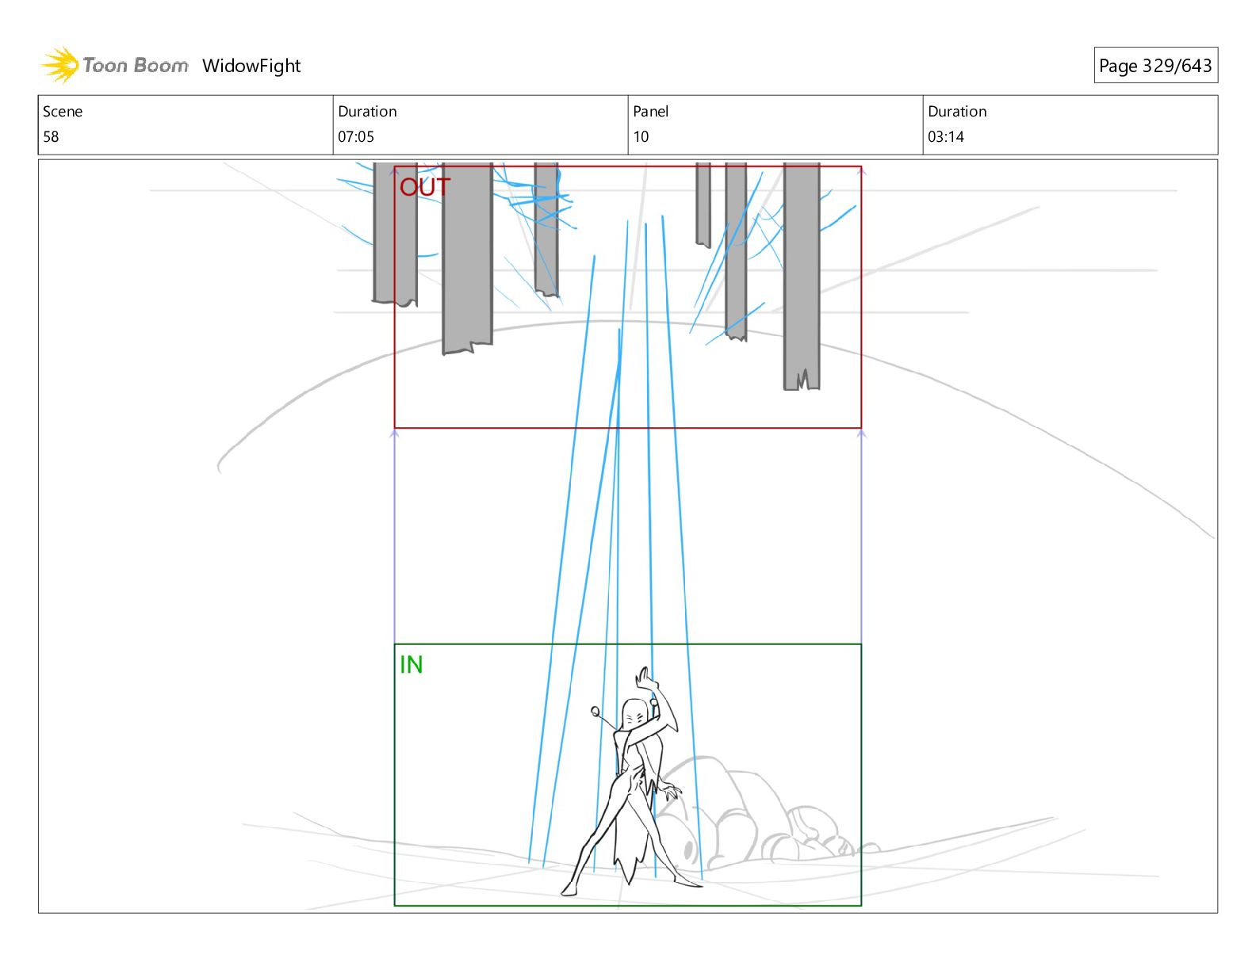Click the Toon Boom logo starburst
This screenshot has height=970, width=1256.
[x=59, y=64]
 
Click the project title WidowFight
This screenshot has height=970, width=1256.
[x=251, y=66]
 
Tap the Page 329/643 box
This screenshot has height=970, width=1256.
[x=1155, y=66]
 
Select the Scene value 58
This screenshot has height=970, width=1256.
[x=51, y=136]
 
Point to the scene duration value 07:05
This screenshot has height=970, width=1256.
[x=356, y=136]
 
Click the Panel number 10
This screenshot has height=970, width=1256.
[x=641, y=136]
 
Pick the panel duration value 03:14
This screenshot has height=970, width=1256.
[x=946, y=136]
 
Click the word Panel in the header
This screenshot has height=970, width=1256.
[x=651, y=112]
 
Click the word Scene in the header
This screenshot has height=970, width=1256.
[x=63, y=112]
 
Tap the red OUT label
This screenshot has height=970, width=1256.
[x=424, y=187]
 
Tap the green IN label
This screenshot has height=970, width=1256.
[x=411, y=665]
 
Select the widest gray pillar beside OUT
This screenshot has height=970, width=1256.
[x=467, y=254]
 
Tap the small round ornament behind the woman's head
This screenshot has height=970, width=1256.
[x=595, y=710]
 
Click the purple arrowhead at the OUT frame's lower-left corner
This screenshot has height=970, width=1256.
[x=395, y=433]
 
